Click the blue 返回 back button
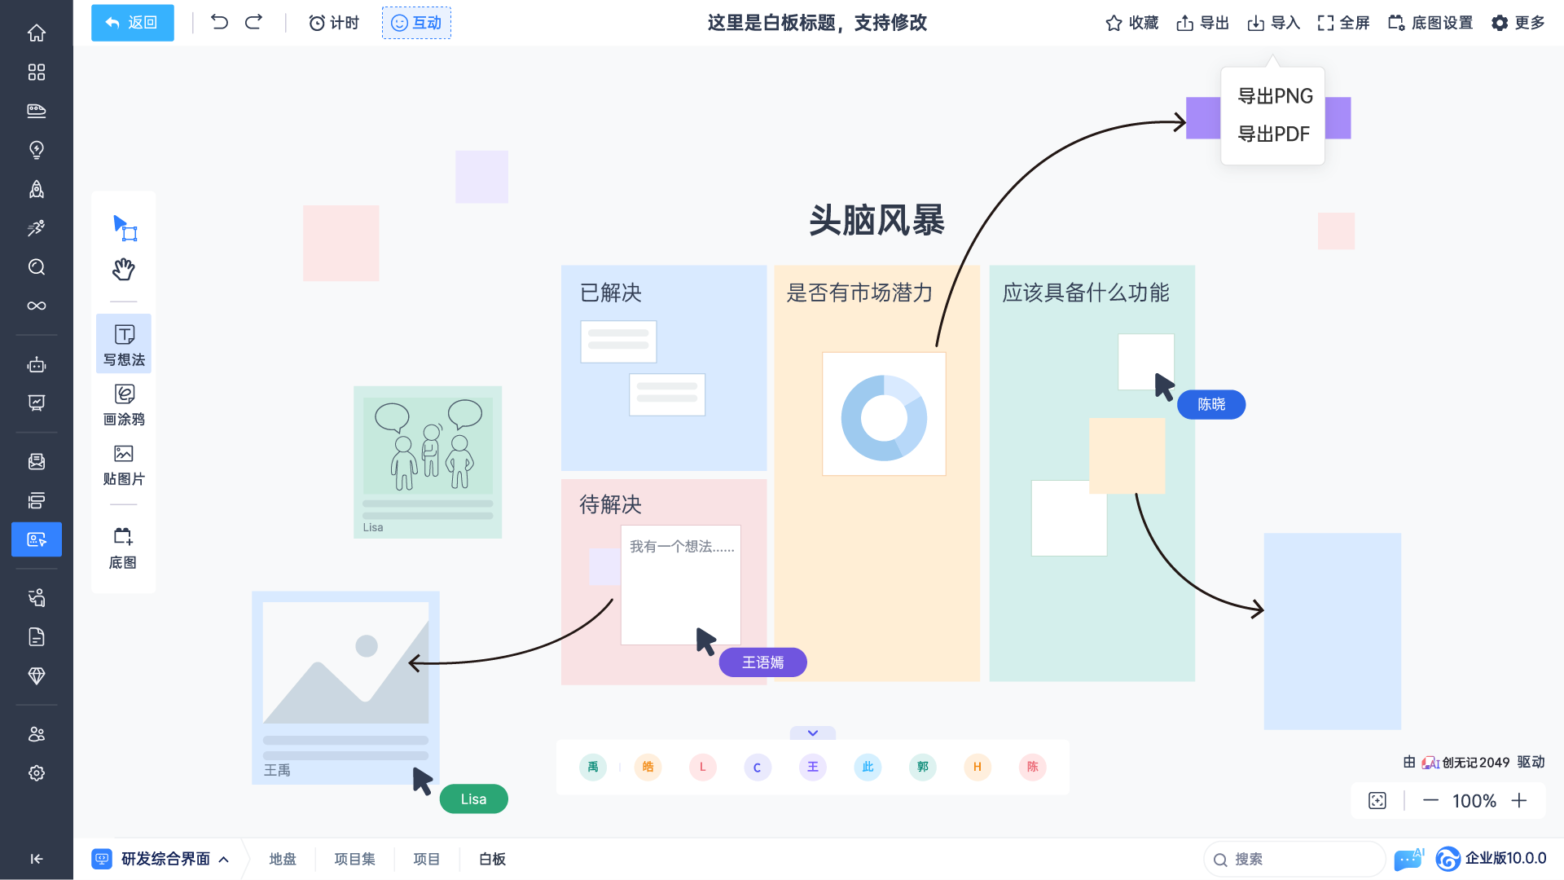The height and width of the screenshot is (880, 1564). [132, 23]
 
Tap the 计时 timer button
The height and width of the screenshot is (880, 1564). [334, 23]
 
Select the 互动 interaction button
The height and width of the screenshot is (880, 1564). [416, 23]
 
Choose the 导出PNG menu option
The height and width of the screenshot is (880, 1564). [1275, 96]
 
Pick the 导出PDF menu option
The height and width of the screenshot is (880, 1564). [1273, 134]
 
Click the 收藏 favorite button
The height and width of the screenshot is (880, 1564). [1131, 23]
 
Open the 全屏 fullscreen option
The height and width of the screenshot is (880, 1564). [1343, 23]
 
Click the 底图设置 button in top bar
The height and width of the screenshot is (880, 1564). [1430, 23]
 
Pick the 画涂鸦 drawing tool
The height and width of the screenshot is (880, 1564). [124, 405]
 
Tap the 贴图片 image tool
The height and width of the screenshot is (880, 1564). [124, 465]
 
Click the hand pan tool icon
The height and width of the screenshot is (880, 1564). [123, 269]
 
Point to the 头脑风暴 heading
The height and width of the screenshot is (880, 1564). [876, 220]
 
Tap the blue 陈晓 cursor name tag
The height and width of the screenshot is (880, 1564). [1211, 404]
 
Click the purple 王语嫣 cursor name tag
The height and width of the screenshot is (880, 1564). [762, 662]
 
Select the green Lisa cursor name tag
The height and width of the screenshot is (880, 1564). [473, 799]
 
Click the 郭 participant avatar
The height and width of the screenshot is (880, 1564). [922, 767]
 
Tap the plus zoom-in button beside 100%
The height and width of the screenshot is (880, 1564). [1519, 801]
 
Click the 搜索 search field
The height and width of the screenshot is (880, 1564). [1294, 860]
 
